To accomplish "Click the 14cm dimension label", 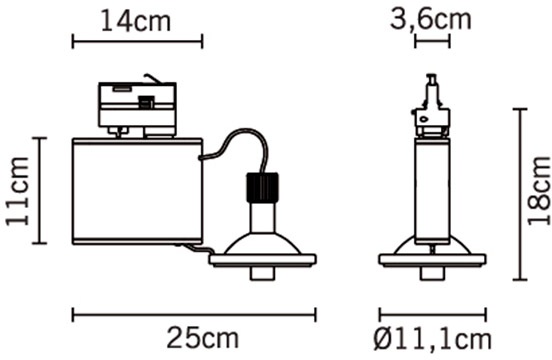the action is [x=136, y=21].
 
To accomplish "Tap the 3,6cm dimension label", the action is [x=430, y=19].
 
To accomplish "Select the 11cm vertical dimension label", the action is [x=17, y=191].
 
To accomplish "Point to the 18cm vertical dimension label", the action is [x=539, y=190].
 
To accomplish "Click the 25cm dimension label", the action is [x=202, y=338].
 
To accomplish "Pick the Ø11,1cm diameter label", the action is [x=432, y=339].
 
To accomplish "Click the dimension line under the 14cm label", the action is [x=137, y=41].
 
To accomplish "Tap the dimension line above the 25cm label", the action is [x=194, y=314].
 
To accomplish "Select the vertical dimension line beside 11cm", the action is [x=40, y=190].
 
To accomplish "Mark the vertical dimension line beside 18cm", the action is [x=519, y=194].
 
